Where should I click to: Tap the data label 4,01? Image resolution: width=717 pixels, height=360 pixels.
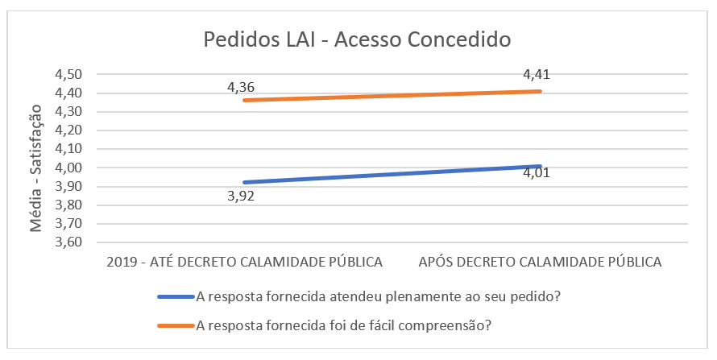coord(539,181)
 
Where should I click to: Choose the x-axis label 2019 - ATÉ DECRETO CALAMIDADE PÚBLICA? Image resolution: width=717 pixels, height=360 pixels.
coord(244,263)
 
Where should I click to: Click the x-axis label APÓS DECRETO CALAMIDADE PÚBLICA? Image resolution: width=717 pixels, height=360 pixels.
coord(540,263)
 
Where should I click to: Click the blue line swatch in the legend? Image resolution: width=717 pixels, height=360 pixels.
coord(176,296)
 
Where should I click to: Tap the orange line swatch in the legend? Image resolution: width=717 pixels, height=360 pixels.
coord(176,326)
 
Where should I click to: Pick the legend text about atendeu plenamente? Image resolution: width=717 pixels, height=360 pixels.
coord(379,296)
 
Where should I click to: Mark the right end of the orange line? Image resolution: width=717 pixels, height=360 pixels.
coord(540,91)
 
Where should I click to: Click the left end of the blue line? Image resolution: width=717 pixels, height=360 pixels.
coord(244,183)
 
